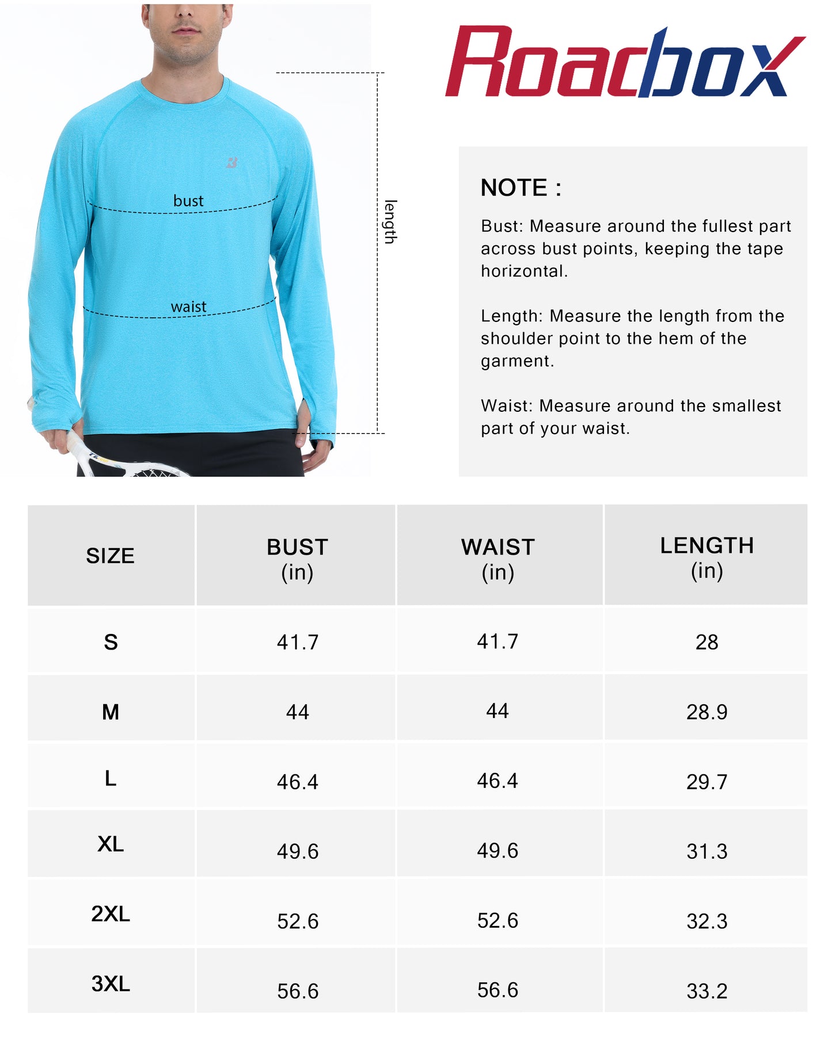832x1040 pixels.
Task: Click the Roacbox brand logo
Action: [x=624, y=62]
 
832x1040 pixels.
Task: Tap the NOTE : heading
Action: [x=521, y=188]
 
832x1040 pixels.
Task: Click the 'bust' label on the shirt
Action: [x=188, y=201]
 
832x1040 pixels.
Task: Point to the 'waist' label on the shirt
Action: [x=188, y=307]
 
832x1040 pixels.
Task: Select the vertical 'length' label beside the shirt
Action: [x=390, y=222]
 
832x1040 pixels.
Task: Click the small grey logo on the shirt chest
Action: [x=232, y=163]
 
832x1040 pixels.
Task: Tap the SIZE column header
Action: [x=110, y=556]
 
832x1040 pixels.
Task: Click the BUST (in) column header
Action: [x=297, y=559]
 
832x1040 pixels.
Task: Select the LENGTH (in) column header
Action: [x=706, y=557]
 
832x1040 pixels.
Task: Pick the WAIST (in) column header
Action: [x=498, y=559]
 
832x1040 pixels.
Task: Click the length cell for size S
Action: [x=706, y=642]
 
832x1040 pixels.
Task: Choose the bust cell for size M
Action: [x=297, y=712]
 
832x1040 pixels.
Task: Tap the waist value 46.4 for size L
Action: [x=497, y=781]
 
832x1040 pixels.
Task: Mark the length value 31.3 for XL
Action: [x=706, y=851]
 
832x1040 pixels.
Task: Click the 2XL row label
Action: [x=111, y=914]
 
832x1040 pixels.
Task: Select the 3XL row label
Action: [x=111, y=984]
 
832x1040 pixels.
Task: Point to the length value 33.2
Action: [x=706, y=991]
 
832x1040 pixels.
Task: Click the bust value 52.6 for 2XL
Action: [x=297, y=921]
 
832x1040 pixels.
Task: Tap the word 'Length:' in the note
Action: [x=511, y=316]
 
